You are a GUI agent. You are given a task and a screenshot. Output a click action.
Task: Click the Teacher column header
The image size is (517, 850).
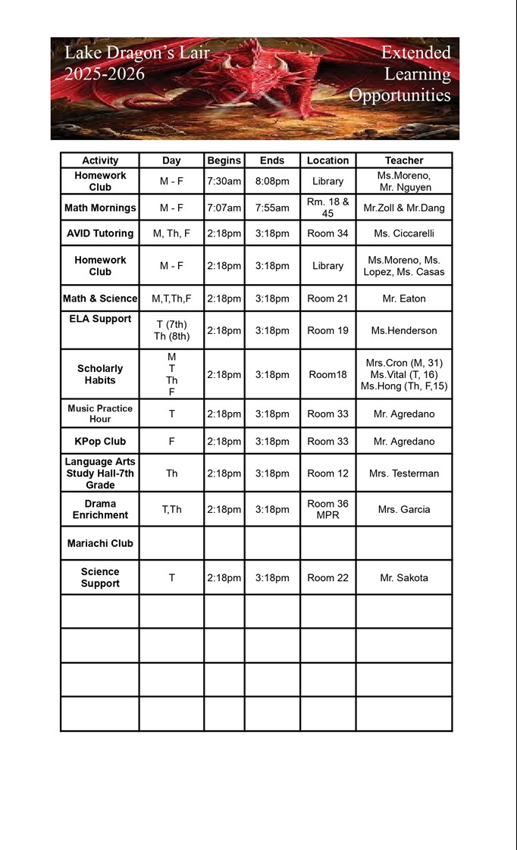(403, 161)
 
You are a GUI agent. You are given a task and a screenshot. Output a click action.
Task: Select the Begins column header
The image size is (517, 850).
(224, 161)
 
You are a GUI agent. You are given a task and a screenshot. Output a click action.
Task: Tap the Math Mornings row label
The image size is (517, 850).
(100, 208)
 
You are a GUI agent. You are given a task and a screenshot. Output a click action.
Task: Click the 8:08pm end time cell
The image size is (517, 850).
(272, 182)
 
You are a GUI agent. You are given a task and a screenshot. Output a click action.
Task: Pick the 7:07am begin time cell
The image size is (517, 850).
(224, 208)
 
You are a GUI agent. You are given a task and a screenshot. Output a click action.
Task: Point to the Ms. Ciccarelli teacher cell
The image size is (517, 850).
(403, 233)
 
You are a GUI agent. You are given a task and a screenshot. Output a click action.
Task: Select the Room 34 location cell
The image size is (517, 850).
(327, 233)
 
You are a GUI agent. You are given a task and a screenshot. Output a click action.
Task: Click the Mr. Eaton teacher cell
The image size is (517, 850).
(403, 298)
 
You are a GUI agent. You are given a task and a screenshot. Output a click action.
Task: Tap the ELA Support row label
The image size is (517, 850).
(100, 319)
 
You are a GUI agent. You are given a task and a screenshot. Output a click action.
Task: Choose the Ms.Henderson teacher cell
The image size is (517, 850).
(403, 330)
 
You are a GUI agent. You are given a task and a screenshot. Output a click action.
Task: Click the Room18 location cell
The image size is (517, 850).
(327, 374)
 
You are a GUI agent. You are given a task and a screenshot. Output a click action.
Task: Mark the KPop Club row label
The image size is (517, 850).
(100, 441)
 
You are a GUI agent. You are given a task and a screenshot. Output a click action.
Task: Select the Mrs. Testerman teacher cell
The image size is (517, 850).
(403, 473)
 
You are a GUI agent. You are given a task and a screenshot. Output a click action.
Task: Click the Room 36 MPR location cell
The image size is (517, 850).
(327, 509)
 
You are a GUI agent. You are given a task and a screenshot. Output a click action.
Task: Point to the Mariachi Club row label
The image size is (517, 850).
(100, 543)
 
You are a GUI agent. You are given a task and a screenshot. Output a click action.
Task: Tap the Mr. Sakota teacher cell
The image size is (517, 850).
(403, 577)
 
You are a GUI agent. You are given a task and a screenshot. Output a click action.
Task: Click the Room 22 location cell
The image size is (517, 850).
(327, 577)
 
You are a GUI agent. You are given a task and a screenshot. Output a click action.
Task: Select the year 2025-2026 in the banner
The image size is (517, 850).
(105, 74)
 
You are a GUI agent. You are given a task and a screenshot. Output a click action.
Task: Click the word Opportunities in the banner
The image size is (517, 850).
(399, 95)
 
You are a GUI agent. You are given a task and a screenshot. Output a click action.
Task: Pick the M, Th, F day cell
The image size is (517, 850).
(171, 233)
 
